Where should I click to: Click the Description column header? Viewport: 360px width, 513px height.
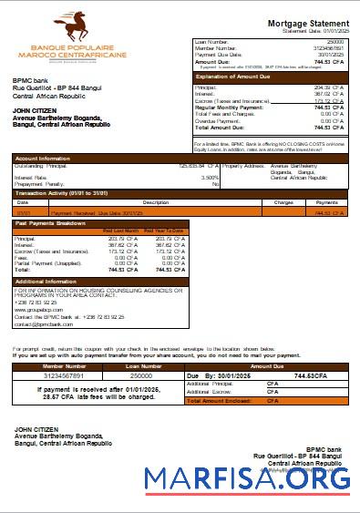point(156,202)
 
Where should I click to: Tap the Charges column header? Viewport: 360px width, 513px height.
point(283,202)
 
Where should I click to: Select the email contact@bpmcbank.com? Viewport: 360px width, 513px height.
point(42,324)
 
